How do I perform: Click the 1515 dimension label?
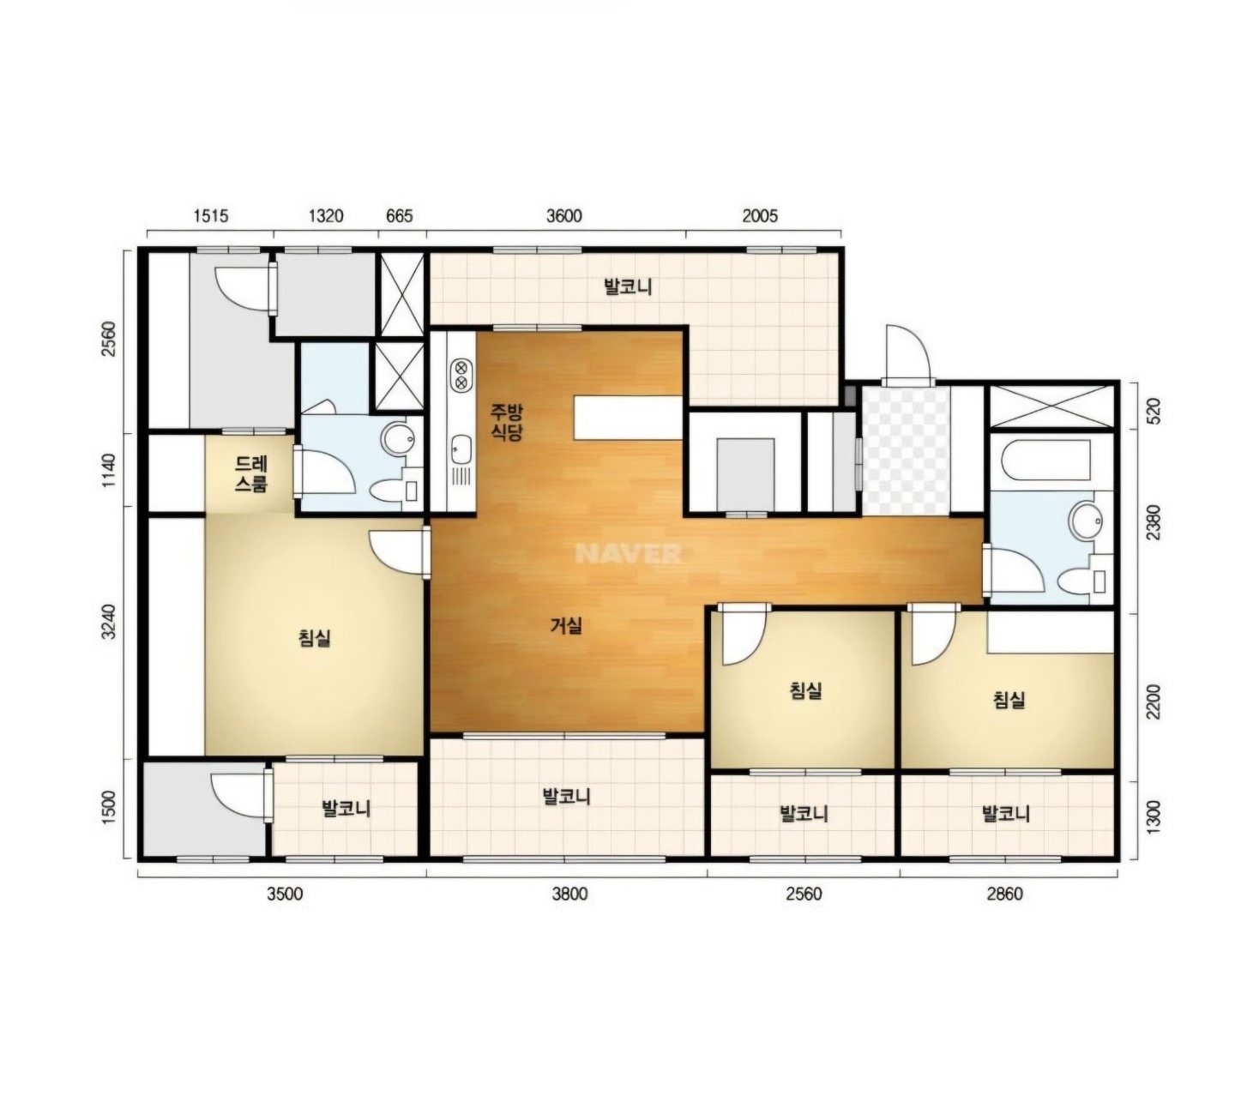tap(211, 216)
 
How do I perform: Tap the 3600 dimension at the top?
tap(563, 216)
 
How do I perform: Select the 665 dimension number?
tap(400, 216)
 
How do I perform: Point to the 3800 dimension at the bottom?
tap(570, 894)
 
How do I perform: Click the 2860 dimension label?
tap(1004, 894)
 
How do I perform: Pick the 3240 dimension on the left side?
tap(110, 622)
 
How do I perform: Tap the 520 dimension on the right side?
tap(1153, 411)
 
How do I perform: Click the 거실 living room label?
tap(566, 625)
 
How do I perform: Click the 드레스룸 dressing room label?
tap(251, 474)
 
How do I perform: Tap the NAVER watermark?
tap(629, 553)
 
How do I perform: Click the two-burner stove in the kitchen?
tap(461, 375)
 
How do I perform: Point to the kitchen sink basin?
tap(461, 449)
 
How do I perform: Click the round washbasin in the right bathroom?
tap(1085, 521)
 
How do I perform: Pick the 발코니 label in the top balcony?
tap(628, 286)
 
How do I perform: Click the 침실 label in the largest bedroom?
tap(315, 638)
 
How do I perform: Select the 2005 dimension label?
tap(760, 216)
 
